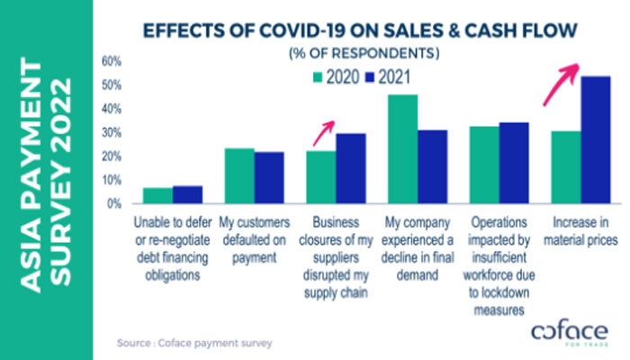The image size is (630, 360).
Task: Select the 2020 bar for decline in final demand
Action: (x=401, y=149)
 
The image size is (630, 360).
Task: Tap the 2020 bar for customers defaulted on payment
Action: (x=238, y=176)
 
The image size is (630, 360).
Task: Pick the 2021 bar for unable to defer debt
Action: (x=188, y=195)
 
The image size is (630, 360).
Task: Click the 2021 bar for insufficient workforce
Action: (x=514, y=163)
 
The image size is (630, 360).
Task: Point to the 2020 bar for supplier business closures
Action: (x=320, y=177)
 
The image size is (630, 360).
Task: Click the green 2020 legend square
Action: (x=318, y=77)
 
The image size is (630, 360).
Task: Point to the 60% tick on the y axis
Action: (x=111, y=61)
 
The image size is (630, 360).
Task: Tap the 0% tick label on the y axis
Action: (x=114, y=204)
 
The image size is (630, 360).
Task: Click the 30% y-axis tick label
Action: (x=111, y=132)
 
